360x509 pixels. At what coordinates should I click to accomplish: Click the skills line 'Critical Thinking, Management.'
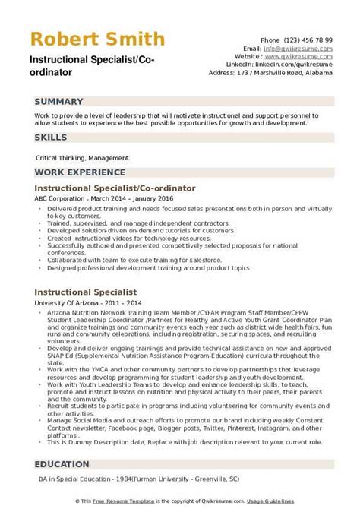pos(83,158)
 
